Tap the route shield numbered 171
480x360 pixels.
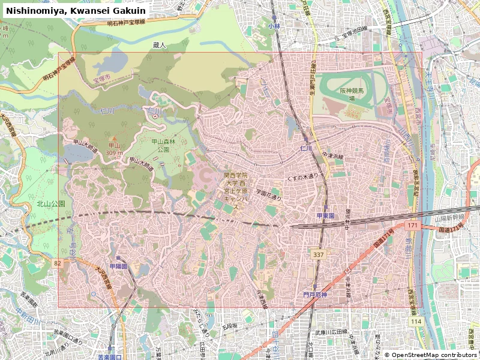412,226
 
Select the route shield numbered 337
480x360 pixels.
319,255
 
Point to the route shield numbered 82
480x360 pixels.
57,263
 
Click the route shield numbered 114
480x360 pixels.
416,322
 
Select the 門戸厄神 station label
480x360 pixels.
315,295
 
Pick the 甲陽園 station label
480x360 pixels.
118,266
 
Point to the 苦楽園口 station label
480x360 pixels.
110,357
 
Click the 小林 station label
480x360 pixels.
274,26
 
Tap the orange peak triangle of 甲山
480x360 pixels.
113,138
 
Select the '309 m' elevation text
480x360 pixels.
114,152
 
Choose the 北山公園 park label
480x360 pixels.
51,204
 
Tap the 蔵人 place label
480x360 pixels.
159,45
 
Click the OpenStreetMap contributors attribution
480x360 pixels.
430,355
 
